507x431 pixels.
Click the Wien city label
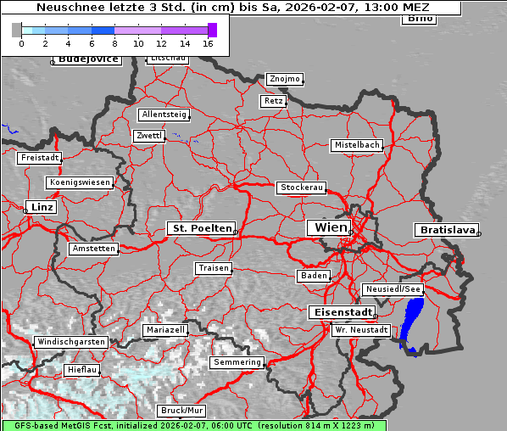331,227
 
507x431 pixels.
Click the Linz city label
40,207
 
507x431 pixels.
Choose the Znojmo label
284,79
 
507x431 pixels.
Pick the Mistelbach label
357,145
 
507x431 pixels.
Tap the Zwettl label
149,136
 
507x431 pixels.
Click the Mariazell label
164,329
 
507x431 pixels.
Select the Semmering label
237,362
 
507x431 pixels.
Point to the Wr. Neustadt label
361,329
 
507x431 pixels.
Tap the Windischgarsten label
70,342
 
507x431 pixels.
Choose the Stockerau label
301,187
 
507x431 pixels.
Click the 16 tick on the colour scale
208,42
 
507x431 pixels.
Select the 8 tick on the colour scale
114,42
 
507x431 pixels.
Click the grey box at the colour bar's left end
17,30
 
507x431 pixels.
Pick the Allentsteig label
164,115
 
